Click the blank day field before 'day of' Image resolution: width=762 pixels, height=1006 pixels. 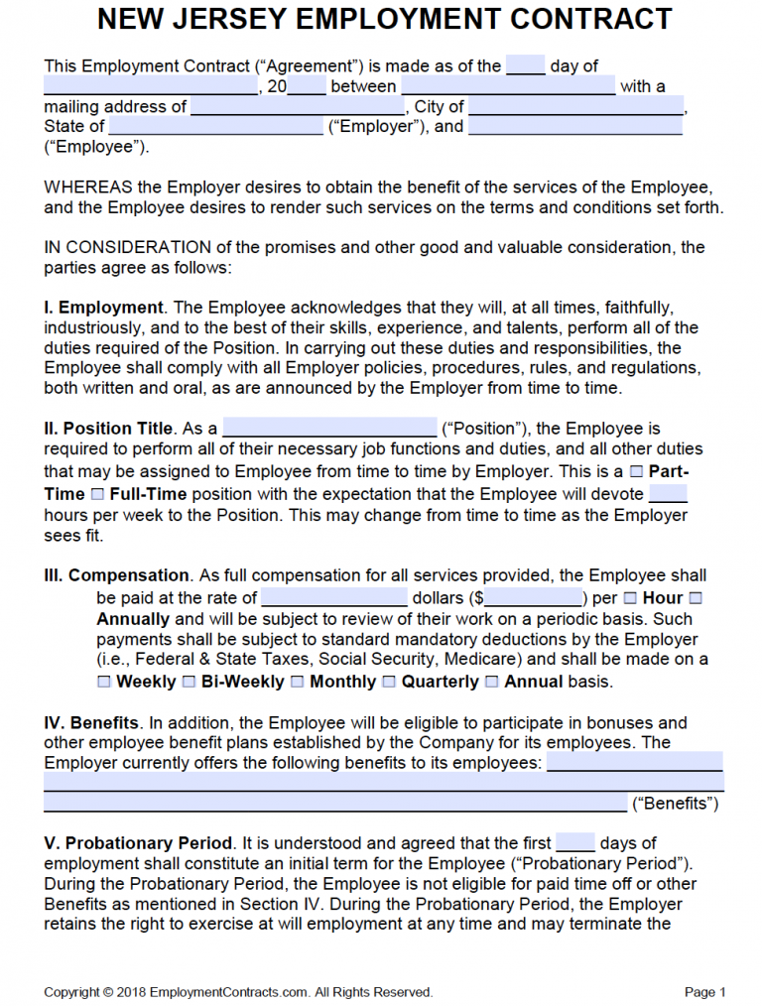pos(526,66)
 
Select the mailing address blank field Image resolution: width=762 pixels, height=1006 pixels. pos(298,106)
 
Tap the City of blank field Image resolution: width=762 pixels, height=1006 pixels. pos(576,106)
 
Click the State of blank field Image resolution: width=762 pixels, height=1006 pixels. pos(215,126)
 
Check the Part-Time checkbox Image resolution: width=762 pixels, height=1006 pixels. pos(636,472)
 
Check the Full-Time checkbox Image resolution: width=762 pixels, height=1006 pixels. pos(96,493)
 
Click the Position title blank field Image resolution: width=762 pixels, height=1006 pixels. pos(329,429)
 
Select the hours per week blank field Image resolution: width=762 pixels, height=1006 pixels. pos(668,493)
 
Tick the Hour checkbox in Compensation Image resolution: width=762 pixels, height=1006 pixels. pos(631,598)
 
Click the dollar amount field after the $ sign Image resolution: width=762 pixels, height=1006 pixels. pos(534,598)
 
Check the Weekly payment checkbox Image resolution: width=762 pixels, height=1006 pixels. pos(104,682)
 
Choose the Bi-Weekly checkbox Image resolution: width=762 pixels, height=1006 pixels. pos(189,682)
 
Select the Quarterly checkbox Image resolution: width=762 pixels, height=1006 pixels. pos(389,682)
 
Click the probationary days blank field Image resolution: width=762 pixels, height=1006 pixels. pos(575,843)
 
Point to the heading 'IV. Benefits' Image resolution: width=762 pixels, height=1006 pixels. pos(90,722)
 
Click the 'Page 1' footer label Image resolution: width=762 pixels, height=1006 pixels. pos(705,992)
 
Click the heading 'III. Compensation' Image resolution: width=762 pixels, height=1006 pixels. pos(116,575)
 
